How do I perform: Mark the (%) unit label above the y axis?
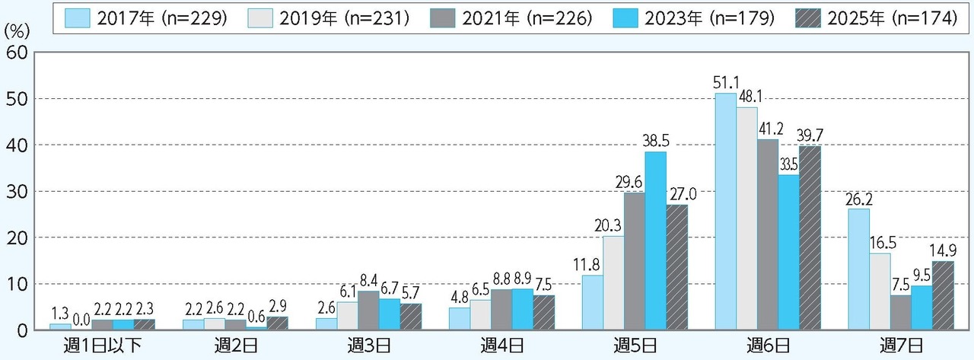(18, 32)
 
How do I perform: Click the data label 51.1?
(724, 83)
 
